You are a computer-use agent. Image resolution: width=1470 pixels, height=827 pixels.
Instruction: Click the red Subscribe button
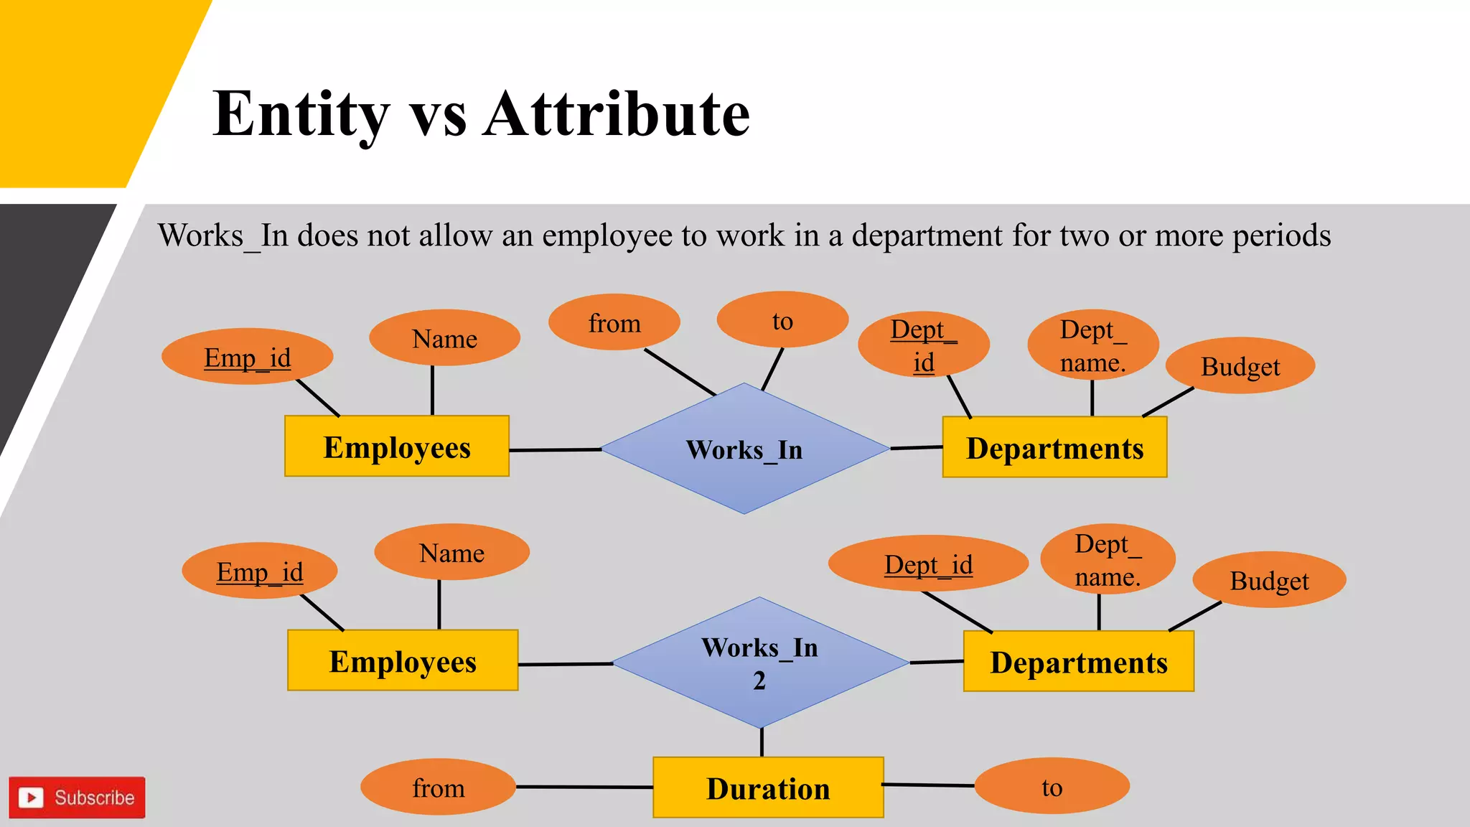(78, 798)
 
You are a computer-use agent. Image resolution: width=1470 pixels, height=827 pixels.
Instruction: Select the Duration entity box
(768, 788)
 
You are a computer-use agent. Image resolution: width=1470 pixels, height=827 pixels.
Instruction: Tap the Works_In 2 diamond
(760, 663)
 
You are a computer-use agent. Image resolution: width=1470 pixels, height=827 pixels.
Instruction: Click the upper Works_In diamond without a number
(744, 449)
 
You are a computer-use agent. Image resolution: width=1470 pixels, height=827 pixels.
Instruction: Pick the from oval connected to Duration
(438, 788)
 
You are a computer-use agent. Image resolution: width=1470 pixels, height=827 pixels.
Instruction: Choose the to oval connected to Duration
(1052, 787)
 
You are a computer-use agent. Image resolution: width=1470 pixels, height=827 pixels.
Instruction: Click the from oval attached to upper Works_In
(614, 322)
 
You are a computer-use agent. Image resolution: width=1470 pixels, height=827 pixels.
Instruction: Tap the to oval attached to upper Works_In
(782, 320)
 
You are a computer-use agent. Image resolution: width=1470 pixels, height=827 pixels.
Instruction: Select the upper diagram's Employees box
(397, 447)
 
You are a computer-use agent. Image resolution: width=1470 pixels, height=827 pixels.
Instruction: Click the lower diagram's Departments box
(1078, 662)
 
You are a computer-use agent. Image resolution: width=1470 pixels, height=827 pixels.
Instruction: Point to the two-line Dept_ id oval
(924, 345)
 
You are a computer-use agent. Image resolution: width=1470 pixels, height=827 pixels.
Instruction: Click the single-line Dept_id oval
(928, 564)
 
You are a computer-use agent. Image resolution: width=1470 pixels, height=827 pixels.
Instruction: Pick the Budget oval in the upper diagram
(1240, 366)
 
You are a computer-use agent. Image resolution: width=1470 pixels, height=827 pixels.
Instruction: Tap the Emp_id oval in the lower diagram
(260, 571)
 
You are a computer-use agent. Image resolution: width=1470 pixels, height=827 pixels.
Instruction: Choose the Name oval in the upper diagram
(444, 338)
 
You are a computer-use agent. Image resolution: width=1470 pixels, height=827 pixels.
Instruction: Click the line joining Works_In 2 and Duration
(762, 742)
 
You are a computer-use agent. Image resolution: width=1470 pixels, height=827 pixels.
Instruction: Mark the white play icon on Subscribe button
(31, 798)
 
